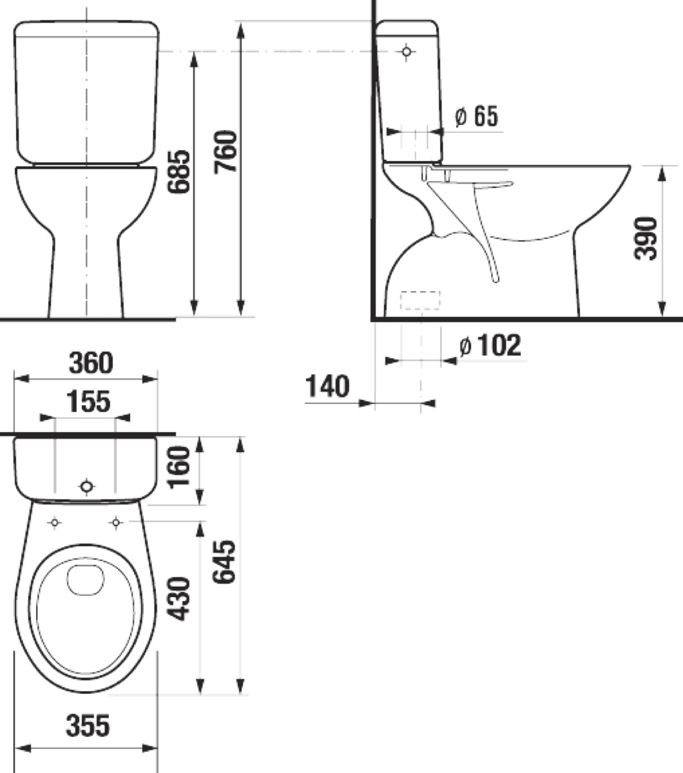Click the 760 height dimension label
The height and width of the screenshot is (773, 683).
coord(226,152)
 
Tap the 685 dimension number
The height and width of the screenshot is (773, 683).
coord(179,172)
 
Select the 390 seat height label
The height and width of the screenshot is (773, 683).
coord(646,238)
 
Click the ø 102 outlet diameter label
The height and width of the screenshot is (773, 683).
coord(490,345)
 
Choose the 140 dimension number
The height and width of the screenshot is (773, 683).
coord(327,386)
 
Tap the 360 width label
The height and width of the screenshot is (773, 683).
coord(91,363)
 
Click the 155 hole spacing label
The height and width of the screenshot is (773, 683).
coord(88,401)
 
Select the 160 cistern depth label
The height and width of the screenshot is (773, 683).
coord(179,468)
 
